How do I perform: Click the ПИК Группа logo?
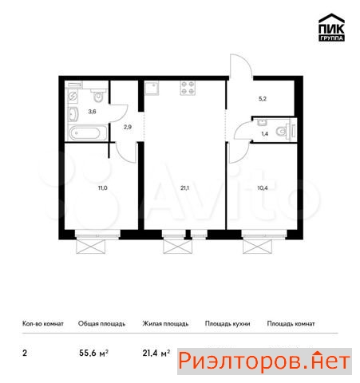331,27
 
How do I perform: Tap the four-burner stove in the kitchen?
188,88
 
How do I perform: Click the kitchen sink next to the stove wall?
152,88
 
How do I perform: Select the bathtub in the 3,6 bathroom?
88,132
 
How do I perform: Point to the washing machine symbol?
73,97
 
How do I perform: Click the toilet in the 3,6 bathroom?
99,95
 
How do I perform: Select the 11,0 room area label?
103,188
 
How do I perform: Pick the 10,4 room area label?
263,188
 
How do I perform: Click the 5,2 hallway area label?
263,99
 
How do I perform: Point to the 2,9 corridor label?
128,127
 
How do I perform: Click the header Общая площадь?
101,324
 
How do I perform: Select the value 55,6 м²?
93,353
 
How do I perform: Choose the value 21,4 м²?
156,353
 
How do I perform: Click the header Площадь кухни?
227,324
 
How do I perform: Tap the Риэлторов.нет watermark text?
264,361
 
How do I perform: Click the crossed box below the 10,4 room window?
257,247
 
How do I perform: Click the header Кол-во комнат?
43,324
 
